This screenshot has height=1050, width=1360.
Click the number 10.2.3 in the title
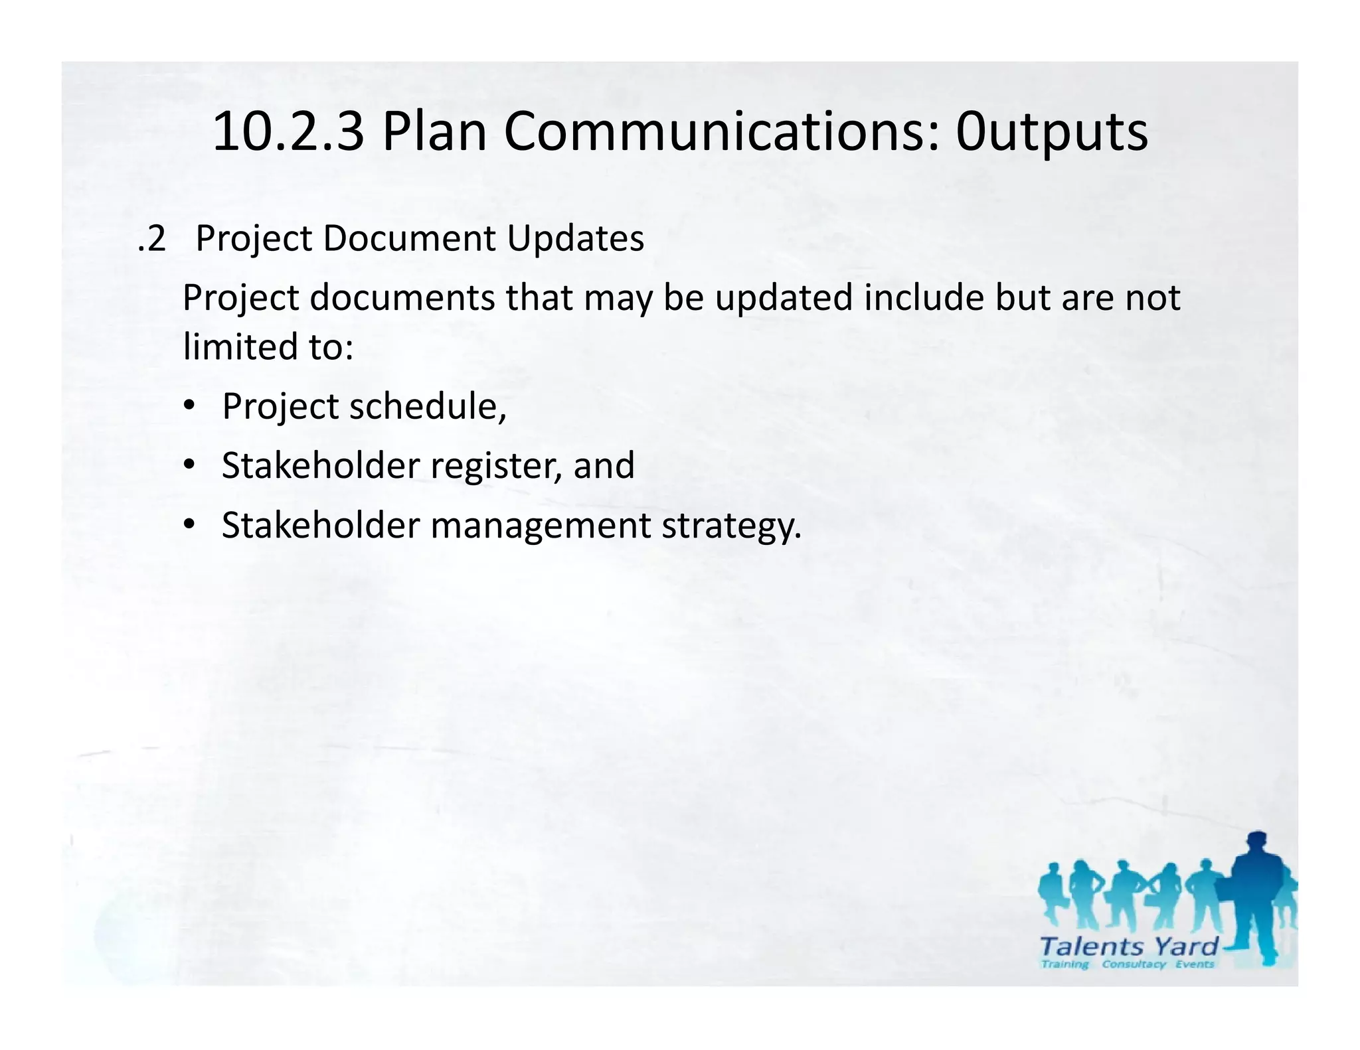tap(288, 131)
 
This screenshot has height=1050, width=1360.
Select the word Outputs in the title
tap(1051, 133)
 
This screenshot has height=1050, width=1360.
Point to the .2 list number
tap(151, 239)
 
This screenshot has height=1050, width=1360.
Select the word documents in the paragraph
tap(402, 297)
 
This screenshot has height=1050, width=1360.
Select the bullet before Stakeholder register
tap(190, 465)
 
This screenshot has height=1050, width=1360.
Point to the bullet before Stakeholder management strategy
tap(190, 524)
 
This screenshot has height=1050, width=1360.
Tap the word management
tap(541, 526)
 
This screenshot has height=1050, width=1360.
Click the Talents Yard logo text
tap(1128, 946)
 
